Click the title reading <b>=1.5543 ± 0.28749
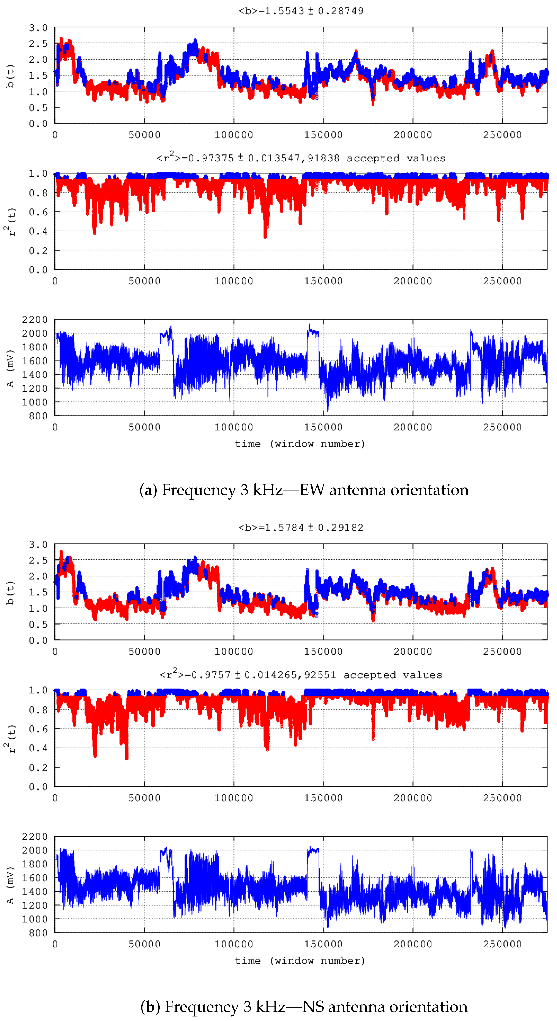coord(301,11)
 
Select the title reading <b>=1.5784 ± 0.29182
coord(301,527)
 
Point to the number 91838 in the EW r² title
coord(323,158)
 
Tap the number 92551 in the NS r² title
coord(320,675)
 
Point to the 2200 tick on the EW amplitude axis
coord(35,320)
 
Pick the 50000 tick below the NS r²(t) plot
coord(144,798)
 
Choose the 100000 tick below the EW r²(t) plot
coord(234,281)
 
